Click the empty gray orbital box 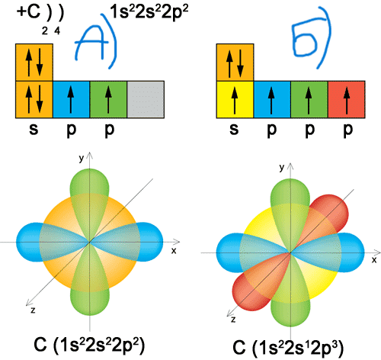coord(146,99)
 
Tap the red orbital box coord(347,99)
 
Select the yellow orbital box coord(235,99)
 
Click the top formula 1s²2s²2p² coord(149,13)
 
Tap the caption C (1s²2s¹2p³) coord(288,347)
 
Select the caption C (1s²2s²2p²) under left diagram coord(89,345)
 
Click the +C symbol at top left coord(28,12)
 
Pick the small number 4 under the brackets coord(57,31)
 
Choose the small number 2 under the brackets coord(45,31)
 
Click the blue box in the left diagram coord(71,99)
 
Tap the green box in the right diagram coord(309,99)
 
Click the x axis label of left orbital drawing coord(174,251)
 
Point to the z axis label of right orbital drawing coord(233,320)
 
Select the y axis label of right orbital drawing coord(281,167)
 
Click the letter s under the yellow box coord(234,129)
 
